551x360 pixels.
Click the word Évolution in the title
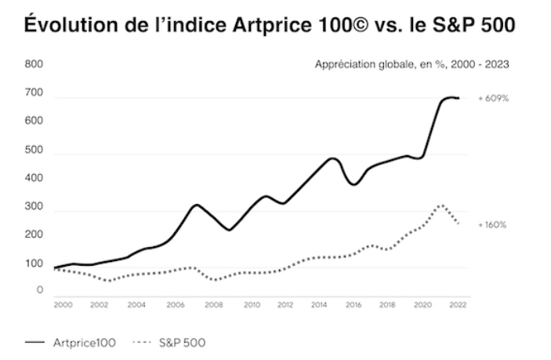pyautogui.click(x=71, y=24)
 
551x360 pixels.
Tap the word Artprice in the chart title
pyautogui.click(x=272, y=25)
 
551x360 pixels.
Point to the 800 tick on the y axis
pyautogui.click(x=34, y=64)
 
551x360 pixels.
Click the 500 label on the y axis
pyautogui.click(x=34, y=150)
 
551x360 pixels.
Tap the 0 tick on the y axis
pyautogui.click(x=40, y=289)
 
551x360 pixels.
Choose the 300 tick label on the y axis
pyautogui.click(x=34, y=206)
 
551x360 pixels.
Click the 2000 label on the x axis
pyautogui.click(x=63, y=305)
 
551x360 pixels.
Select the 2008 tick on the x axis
pyautogui.click(x=214, y=305)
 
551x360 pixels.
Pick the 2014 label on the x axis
pyautogui.click(x=319, y=305)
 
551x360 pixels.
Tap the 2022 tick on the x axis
pyautogui.click(x=458, y=305)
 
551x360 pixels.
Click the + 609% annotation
pyautogui.click(x=493, y=99)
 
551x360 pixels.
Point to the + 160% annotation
pyautogui.click(x=492, y=225)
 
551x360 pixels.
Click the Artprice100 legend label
pyautogui.click(x=85, y=343)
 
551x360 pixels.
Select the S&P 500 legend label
pyautogui.click(x=182, y=343)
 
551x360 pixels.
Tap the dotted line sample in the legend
pyautogui.click(x=142, y=342)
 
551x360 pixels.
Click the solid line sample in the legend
pyautogui.click(x=34, y=342)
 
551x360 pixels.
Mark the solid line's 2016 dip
pyautogui.click(x=354, y=184)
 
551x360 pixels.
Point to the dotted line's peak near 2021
pyautogui.click(x=441, y=205)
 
